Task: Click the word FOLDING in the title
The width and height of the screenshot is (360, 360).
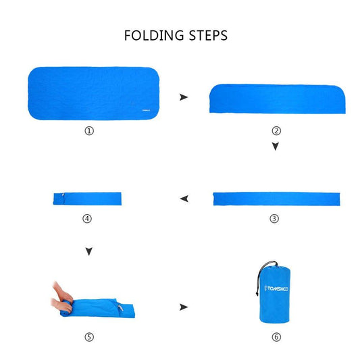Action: (154, 35)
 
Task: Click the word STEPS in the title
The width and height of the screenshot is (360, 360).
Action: (208, 35)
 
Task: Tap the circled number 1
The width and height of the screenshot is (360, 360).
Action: (89, 131)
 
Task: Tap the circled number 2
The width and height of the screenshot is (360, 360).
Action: (276, 131)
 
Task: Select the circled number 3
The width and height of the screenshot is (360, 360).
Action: (274, 219)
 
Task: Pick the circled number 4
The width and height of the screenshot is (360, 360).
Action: (87, 219)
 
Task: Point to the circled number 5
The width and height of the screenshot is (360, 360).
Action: (89, 337)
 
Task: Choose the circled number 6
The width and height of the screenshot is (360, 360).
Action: (276, 337)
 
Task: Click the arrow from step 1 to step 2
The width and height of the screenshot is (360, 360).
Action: (184, 97)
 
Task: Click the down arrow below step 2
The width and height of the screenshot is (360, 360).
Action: (276, 147)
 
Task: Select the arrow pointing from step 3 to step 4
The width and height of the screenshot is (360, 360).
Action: (184, 199)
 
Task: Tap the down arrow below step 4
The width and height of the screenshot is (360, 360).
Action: (89, 251)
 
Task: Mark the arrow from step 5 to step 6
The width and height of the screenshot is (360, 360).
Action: (184, 307)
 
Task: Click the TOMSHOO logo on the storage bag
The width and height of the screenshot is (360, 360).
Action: (276, 288)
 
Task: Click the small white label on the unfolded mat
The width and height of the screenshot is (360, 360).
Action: (146, 110)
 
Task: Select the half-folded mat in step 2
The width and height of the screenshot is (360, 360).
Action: (278, 99)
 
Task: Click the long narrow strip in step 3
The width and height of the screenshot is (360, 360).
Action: (277, 199)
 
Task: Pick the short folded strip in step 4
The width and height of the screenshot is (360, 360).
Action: (87, 199)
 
